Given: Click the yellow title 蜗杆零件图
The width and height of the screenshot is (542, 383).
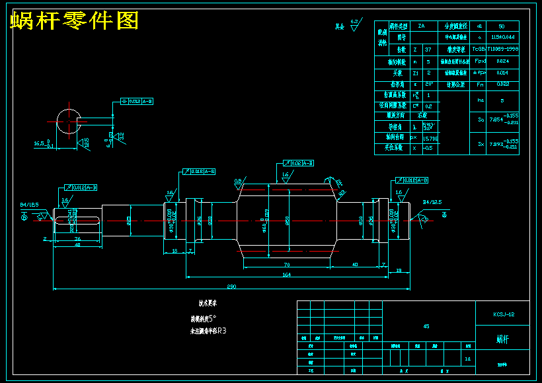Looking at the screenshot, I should coord(75,21).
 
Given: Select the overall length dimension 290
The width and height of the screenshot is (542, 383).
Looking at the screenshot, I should coord(231,287).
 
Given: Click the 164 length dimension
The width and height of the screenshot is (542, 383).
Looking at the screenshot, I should coord(286,273).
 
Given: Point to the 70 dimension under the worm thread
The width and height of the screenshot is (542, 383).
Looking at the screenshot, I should coord(288,264).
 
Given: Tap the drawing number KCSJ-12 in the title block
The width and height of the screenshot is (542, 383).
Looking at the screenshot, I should coord(504,314).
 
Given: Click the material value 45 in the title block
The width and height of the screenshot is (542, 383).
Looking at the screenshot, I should coord(426,326).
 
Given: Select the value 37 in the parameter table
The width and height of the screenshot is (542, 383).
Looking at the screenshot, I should coord(428,50).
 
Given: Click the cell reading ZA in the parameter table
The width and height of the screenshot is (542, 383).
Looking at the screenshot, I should coord(421,26).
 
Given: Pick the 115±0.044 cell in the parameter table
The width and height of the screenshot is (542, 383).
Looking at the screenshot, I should coord(503,38).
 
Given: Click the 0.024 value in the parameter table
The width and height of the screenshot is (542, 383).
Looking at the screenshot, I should coord(503,61).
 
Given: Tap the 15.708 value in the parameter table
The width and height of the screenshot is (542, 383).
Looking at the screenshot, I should coord(429,138).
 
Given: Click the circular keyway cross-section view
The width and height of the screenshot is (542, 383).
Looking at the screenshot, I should coord(69,122).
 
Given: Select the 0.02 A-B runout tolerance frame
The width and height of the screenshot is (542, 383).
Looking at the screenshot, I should coord(298,162).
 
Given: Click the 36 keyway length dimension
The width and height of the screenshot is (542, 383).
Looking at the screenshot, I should coord(77,238).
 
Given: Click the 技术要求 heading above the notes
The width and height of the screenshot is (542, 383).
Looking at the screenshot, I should coord(208,304).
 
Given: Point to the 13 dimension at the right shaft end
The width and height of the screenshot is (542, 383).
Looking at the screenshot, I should coord(399,270).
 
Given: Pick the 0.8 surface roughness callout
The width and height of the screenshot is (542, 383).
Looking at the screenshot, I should coord(237,180).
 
